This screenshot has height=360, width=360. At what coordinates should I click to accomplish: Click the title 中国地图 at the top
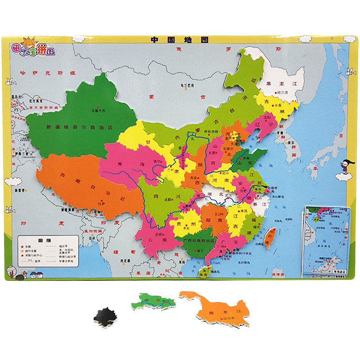click(x=180, y=40)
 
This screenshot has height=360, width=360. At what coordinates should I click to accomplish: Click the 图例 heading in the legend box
click(x=43, y=240)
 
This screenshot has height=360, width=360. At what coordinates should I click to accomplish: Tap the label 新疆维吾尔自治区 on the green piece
click(x=79, y=127)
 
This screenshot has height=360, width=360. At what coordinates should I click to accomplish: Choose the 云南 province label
click(x=160, y=240)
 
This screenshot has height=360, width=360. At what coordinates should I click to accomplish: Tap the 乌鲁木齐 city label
click(x=97, y=109)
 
